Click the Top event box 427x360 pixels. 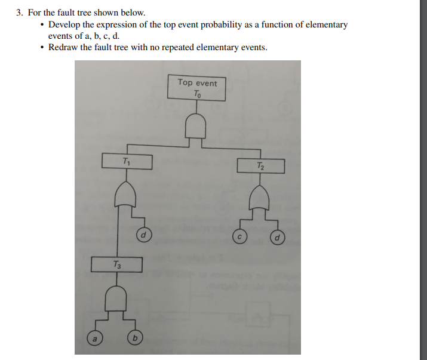[x=198, y=88]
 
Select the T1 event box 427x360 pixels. [x=126, y=161]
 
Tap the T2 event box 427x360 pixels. [x=260, y=165]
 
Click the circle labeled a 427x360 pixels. [x=94, y=337]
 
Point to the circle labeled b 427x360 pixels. [x=135, y=338]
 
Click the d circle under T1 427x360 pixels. [x=143, y=235]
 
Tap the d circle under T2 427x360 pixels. [x=278, y=239]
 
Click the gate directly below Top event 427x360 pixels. [x=198, y=127]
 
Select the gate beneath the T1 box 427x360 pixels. [x=127, y=195]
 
